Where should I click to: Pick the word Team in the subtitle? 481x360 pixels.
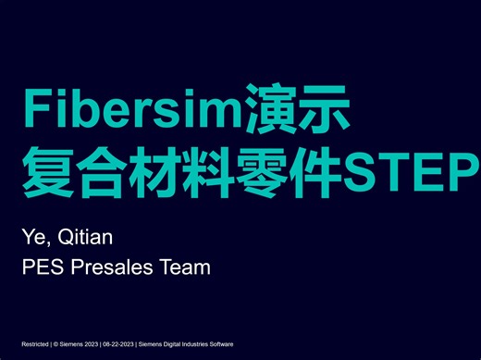pyautogui.click(x=187, y=268)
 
